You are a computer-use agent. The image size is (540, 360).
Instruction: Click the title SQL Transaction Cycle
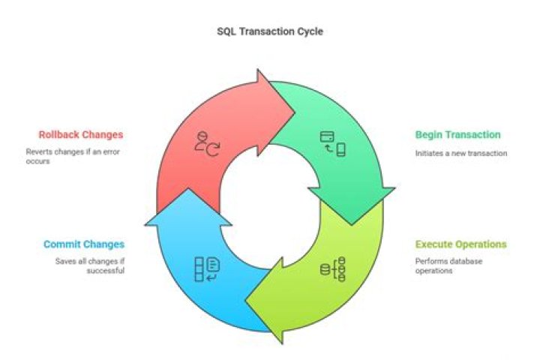(270, 32)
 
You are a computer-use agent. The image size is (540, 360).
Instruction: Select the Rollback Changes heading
(81, 135)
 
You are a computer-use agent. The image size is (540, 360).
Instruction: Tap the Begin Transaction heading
(457, 135)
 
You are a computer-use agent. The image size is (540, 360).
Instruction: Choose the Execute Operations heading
(460, 244)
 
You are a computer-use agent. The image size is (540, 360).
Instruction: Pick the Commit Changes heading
(84, 244)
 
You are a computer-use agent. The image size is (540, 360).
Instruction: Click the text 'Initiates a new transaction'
(461, 153)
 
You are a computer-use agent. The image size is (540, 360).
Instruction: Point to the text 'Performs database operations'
(448, 266)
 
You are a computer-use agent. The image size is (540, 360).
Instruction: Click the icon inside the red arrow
(207, 143)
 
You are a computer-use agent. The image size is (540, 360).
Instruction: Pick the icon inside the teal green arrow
(332, 142)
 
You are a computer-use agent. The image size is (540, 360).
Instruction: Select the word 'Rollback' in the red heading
(61, 135)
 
